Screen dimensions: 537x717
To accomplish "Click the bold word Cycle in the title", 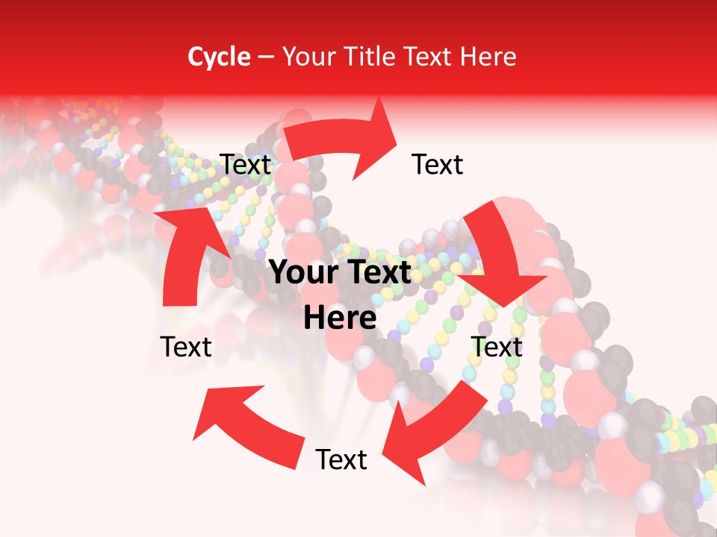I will click(x=219, y=57).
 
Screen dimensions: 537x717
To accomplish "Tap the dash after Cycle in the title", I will click(x=266, y=57).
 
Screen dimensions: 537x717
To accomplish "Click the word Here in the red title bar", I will click(x=488, y=57).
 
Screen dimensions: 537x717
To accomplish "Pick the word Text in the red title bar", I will click(x=430, y=57).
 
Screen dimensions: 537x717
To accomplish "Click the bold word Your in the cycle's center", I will click(x=302, y=273).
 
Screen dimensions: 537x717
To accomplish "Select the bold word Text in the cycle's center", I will click(x=376, y=273).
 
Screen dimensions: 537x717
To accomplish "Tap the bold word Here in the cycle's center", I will click(x=340, y=318).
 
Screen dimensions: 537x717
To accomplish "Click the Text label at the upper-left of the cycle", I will click(x=246, y=165).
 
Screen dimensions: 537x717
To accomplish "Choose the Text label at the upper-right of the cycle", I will click(x=438, y=165).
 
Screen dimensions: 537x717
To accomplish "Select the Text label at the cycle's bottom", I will click(x=341, y=460).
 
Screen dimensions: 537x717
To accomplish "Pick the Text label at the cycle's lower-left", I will click(x=186, y=347).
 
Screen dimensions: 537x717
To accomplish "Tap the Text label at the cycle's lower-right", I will click(x=497, y=347).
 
